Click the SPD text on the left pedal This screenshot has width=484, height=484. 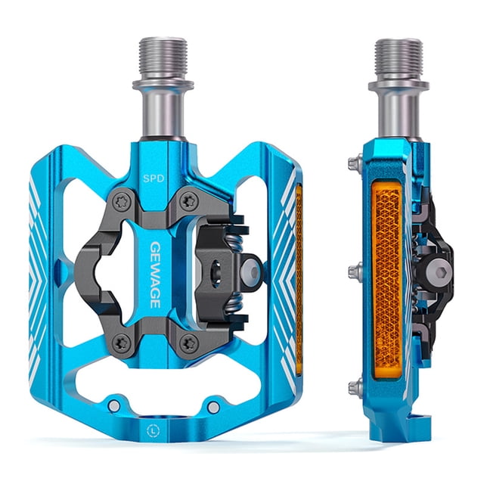(x=154, y=178)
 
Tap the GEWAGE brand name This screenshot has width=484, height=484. (x=155, y=275)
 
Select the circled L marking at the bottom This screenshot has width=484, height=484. (x=154, y=430)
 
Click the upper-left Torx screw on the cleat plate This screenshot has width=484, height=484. (x=120, y=202)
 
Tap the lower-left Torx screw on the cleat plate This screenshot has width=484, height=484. (x=120, y=342)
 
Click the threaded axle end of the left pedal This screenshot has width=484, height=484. (x=163, y=59)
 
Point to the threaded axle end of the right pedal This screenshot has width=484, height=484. (x=399, y=60)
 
